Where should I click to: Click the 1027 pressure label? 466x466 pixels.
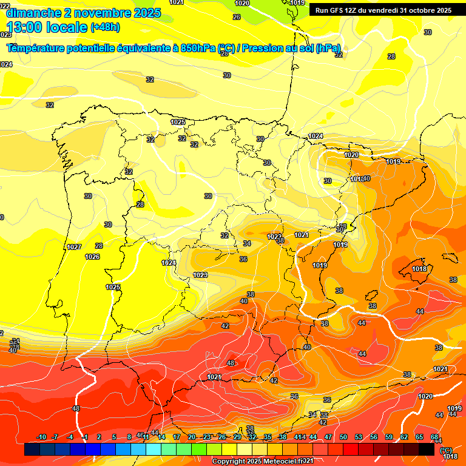pos(74,247)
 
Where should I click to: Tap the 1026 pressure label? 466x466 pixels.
pos(92,257)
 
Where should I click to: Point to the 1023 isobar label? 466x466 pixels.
pos(200,275)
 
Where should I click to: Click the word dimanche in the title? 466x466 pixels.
pos(29,13)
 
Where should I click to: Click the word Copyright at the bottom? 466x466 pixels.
pos(231,462)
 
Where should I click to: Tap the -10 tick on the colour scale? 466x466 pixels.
pos(41,437)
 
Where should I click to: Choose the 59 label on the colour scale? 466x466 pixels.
pos(389,437)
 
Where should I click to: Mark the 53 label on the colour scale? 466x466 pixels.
pos(359,437)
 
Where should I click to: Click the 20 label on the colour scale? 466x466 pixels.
pos(192,437)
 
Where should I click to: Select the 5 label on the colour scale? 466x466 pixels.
pos(114,437)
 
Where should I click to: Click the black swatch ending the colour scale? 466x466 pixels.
pos(427,450)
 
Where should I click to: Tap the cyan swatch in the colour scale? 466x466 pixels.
pos(154,450)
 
